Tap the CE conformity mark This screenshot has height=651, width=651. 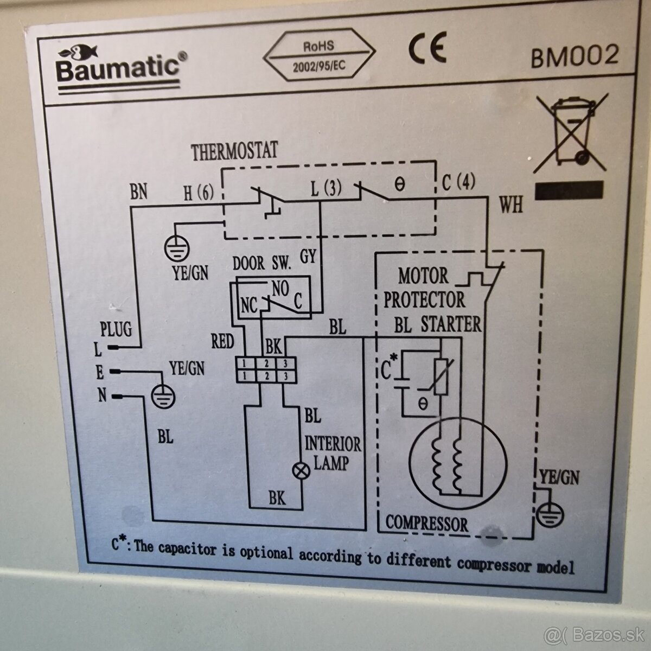coord(427,49)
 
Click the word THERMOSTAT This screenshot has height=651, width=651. coord(234,152)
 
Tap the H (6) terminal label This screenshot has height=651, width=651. coord(199,193)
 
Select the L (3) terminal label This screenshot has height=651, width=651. coord(326,190)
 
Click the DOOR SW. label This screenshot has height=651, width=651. coord(262,264)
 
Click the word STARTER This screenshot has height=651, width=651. coord(451,324)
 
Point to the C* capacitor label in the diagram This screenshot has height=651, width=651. coord(388,367)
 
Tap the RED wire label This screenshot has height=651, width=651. coord(222,341)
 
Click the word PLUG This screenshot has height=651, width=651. coord(116,329)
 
